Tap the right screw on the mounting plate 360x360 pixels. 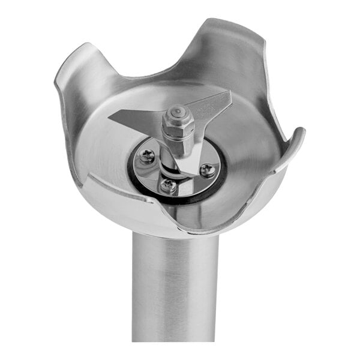[207, 170]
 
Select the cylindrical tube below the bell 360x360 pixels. [175, 288]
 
